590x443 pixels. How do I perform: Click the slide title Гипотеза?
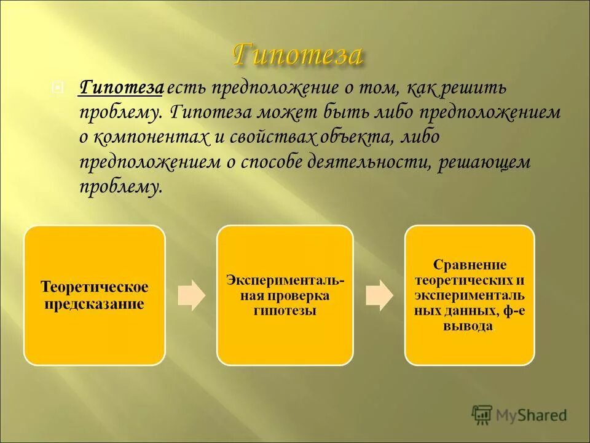pyautogui.click(x=297, y=55)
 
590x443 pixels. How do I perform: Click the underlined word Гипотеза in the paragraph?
pyautogui.click(x=120, y=89)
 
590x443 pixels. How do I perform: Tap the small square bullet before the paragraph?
pyautogui.click(x=57, y=89)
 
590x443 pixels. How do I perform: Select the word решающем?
pyautogui.click(x=484, y=162)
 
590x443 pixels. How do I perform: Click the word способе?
pyautogui.click(x=273, y=162)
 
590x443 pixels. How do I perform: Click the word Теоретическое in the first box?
pyautogui.click(x=95, y=287)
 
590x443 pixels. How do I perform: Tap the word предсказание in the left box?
pyautogui.click(x=95, y=303)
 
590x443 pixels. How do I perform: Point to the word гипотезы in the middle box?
pyautogui.click(x=285, y=311)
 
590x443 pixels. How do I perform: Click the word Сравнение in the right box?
pyautogui.click(x=470, y=265)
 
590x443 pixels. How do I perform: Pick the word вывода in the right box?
pyautogui.click(x=468, y=326)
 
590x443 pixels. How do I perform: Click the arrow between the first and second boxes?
pyautogui.click(x=191, y=295)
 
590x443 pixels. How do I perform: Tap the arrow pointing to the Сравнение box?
pyautogui.click(x=379, y=295)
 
